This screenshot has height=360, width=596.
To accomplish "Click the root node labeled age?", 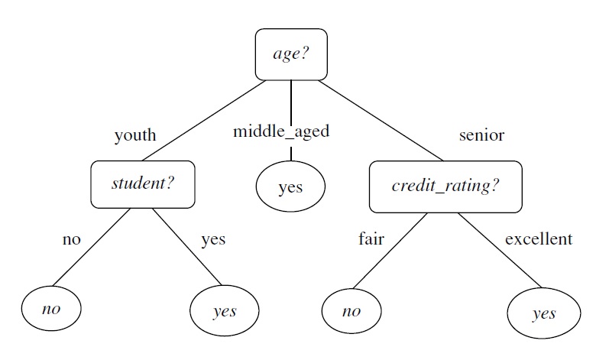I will [290, 54].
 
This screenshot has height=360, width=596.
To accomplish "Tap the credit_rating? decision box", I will [445, 186].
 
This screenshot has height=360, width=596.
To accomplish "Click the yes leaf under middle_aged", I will [290, 186].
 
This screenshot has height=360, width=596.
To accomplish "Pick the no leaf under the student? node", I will [51, 309].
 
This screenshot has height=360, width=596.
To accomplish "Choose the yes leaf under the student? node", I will [224, 311].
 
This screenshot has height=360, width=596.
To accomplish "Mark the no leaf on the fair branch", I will [351, 311].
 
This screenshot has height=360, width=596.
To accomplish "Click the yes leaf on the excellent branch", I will [543, 313].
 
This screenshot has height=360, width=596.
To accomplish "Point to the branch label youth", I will [134, 135].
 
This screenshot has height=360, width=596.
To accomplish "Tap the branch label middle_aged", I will [281, 131].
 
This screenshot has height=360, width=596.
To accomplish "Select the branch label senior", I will [481, 135].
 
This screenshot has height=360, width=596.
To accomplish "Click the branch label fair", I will [371, 239].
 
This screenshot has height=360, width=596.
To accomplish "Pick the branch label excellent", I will [538, 239].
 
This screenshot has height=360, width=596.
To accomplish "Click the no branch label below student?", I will [71, 239].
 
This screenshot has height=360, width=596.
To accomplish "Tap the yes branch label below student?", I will [213, 239].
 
